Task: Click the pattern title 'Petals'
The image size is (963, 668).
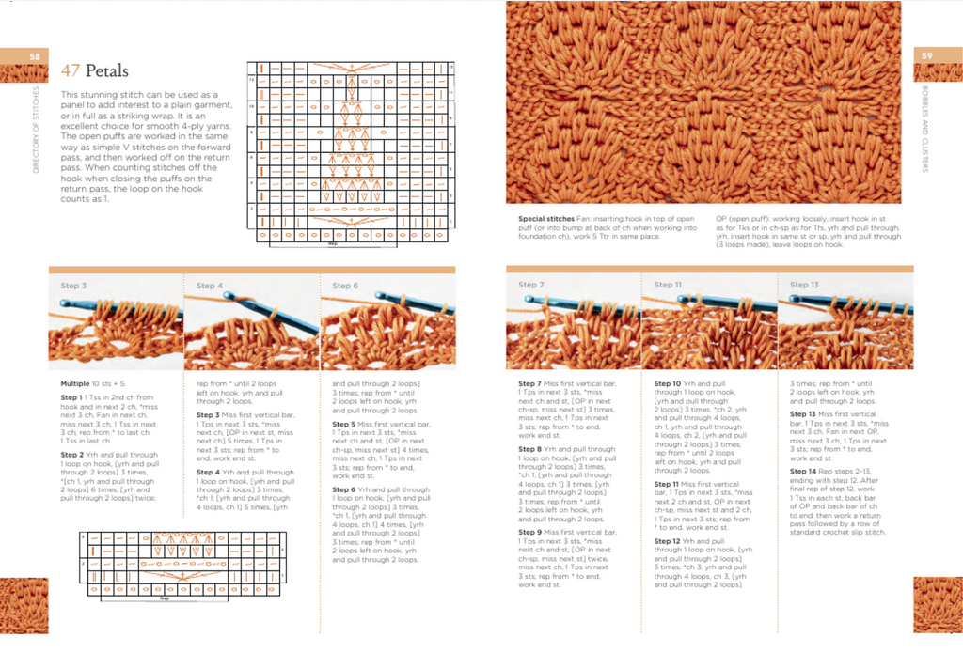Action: point(106,71)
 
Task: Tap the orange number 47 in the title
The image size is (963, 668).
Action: point(71,71)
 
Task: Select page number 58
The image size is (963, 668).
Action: point(35,56)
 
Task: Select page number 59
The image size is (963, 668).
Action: point(926,56)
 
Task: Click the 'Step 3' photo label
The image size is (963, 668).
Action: point(74,286)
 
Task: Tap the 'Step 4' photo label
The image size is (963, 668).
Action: point(210,286)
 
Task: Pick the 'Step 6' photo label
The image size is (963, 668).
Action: point(345,286)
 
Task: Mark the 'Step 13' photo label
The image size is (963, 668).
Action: point(804,285)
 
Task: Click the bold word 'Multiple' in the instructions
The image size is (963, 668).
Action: point(75,384)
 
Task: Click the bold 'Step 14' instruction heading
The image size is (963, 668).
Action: point(803,471)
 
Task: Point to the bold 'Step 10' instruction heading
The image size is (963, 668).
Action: point(668,384)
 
